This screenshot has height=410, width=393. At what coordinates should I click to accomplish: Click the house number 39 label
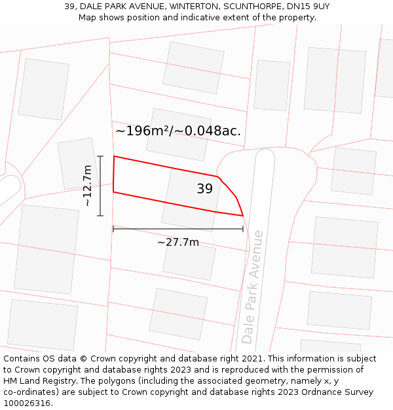click(x=204, y=189)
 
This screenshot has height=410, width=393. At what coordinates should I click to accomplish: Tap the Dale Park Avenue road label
click(x=252, y=287)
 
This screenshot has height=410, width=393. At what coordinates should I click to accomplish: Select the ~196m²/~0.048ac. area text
click(x=178, y=131)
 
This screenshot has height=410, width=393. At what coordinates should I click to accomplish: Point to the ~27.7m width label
click(x=178, y=242)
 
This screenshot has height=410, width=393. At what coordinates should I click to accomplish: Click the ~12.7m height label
click(x=87, y=186)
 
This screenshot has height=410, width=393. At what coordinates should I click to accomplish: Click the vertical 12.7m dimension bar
click(x=100, y=186)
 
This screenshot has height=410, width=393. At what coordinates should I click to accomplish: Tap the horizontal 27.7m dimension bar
click(x=178, y=229)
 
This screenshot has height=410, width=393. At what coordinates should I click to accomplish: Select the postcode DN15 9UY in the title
click(x=307, y=7)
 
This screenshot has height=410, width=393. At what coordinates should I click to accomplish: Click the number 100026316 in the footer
click(x=26, y=403)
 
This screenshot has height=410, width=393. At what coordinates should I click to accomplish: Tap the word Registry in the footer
click(x=65, y=381)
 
